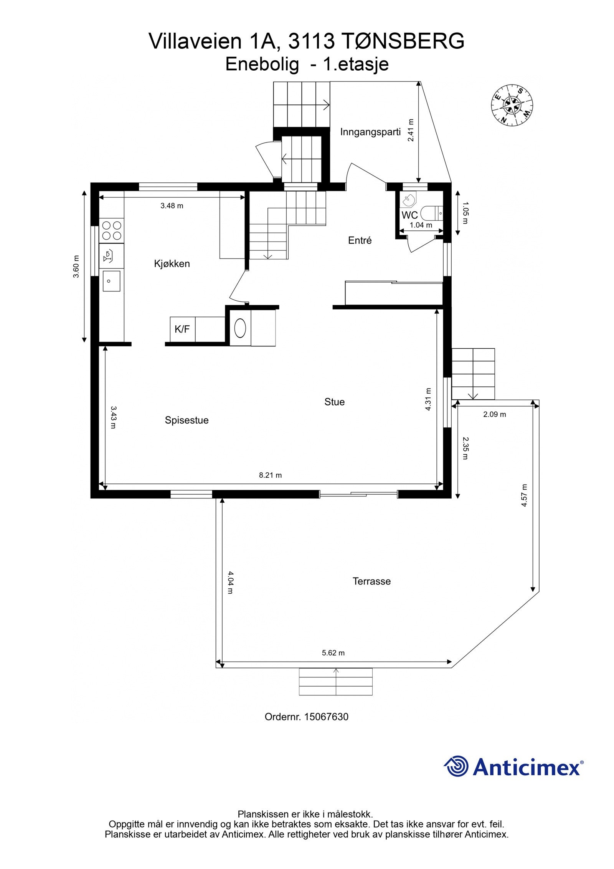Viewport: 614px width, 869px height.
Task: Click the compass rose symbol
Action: (x=512, y=104)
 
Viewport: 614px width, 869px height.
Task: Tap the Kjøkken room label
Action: (x=172, y=264)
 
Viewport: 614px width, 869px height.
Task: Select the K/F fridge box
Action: (x=182, y=329)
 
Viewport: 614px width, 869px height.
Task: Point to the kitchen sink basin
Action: (x=111, y=281)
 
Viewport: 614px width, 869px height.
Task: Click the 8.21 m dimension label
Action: (x=270, y=475)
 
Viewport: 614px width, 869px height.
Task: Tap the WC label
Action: (x=409, y=215)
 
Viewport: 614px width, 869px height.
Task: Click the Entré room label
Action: (x=360, y=240)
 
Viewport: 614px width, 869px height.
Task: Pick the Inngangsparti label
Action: (x=370, y=132)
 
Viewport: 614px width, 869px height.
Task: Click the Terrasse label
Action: (x=371, y=581)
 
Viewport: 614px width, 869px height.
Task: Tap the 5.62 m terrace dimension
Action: (x=333, y=653)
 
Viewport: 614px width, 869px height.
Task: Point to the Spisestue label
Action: (x=187, y=420)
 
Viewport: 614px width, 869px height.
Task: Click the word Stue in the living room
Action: (x=334, y=402)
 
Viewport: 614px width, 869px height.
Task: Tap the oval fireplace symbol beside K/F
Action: (x=240, y=328)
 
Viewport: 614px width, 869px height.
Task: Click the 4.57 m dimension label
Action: (x=524, y=495)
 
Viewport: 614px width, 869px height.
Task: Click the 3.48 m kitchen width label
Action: (x=172, y=206)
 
